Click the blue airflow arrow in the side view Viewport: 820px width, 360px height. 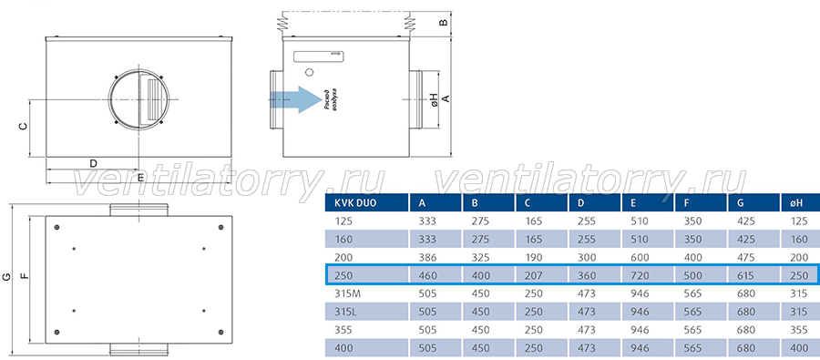pos(296,99)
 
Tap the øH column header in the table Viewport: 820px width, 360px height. pos(794,203)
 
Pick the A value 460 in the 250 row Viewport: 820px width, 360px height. pos(427,275)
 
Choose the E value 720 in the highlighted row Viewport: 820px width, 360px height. pos(640,275)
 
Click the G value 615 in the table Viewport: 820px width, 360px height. pos(745,275)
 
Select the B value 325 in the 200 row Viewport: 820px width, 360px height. pos(480,257)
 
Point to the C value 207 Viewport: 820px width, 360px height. pos(533,275)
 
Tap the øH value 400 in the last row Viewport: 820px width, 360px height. pos(798,348)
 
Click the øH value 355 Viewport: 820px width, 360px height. pos(798,330)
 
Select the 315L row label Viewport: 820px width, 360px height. pos(345,312)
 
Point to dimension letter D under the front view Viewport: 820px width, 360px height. pos(93,163)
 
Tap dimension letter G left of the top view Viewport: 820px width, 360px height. pos(6,277)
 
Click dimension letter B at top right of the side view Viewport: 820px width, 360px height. pos(442,23)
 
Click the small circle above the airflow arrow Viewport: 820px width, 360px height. pos(309,71)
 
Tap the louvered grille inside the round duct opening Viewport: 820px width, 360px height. pos(152,99)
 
